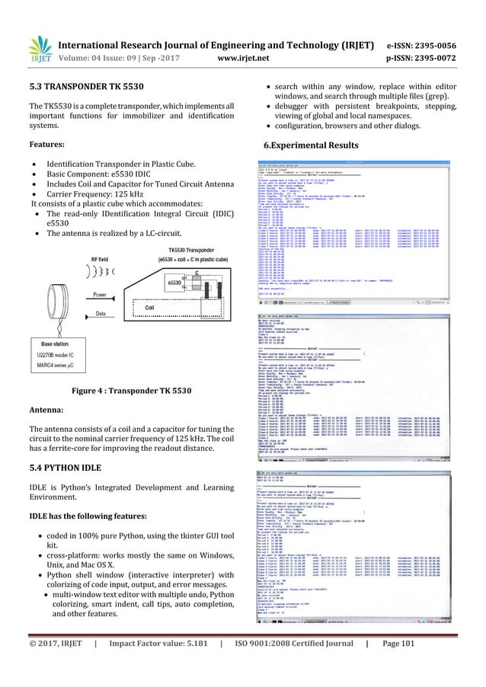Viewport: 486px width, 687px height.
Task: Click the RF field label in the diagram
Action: tap(103, 258)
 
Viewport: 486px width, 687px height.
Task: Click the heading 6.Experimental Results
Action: tap(310, 145)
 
